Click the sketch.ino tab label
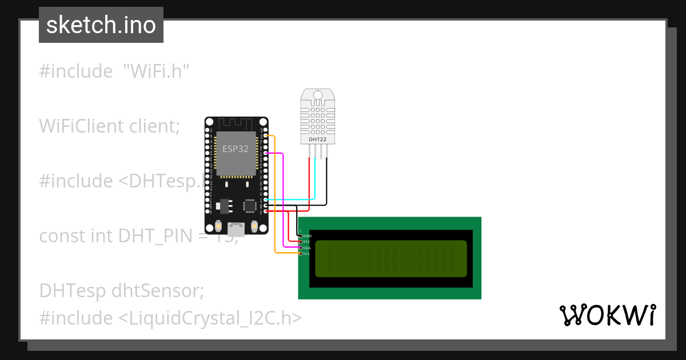pos(101,25)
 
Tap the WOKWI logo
pos(607,315)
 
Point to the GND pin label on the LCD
pos(307,235)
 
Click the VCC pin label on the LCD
pos(306,242)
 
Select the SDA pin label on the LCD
pos(306,247)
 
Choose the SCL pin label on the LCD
pos(306,254)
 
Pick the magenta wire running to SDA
pos(284,194)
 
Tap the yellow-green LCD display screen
pos(390,258)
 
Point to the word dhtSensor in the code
pos(157,290)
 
